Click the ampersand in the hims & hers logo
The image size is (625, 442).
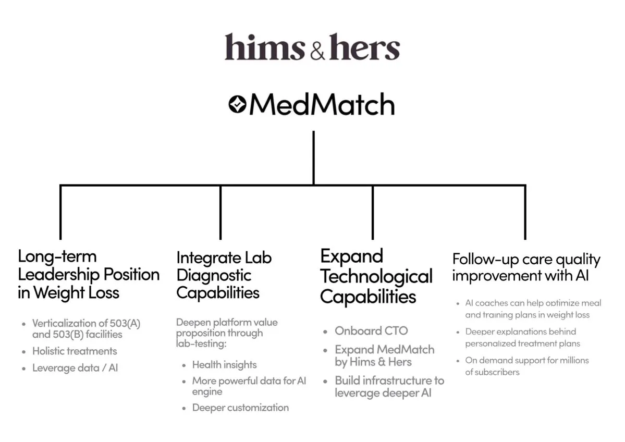click(317, 52)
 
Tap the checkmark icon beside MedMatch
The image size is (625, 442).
click(238, 104)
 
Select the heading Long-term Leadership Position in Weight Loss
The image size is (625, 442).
click(89, 274)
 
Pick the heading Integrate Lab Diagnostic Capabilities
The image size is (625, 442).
click(224, 275)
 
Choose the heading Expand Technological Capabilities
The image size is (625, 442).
click(376, 276)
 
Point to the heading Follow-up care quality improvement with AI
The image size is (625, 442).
click(526, 267)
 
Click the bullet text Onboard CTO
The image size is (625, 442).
click(371, 331)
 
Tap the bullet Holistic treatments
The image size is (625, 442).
click(75, 351)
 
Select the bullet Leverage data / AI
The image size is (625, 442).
click(75, 368)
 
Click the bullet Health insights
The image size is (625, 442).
click(225, 365)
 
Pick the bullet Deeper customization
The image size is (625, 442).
click(240, 408)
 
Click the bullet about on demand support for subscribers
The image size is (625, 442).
click(527, 366)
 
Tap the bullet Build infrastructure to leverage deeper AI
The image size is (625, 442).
click(389, 387)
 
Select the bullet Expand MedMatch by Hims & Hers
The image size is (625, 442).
click(385, 355)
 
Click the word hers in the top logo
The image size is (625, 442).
click(364, 47)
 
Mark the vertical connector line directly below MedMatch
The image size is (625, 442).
click(314, 158)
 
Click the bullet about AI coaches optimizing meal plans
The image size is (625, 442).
click(533, 309)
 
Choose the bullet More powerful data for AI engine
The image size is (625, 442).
click(249, 386)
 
